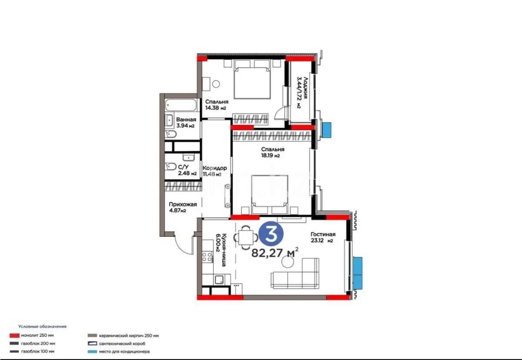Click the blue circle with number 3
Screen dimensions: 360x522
272,235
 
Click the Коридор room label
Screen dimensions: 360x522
214,168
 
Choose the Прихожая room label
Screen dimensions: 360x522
183,204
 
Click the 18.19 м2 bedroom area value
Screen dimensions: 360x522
270,156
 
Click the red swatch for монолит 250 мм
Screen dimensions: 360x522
14,336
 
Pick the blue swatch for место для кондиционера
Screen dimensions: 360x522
92,351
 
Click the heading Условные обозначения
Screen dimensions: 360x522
42,326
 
